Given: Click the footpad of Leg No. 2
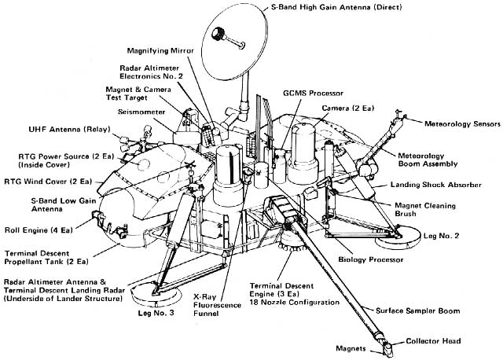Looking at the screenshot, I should [410, 233].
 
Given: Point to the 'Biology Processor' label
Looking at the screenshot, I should [371, 259].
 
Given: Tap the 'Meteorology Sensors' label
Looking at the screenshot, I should [458, 124].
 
